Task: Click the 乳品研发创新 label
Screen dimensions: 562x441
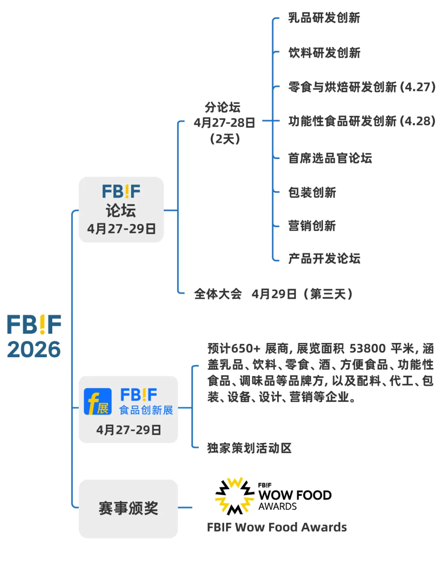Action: [324, 18]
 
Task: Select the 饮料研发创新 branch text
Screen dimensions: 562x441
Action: [324, 53]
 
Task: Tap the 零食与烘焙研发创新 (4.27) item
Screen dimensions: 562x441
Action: [362, 87]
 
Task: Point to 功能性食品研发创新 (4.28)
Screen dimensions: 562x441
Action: [362, 121]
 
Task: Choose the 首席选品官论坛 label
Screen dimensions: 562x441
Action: [330, 158]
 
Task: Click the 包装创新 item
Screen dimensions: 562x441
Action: [312, 193]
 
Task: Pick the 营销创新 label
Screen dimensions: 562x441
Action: [312, 226]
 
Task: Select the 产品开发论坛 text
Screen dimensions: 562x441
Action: [324, 258]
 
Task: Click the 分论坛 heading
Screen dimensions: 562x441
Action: [223, 107]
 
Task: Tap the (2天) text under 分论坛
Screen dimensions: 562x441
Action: [225, 139]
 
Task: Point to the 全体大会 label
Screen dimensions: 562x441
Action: [218, 294]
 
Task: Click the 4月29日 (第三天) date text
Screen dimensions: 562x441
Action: [302, 294]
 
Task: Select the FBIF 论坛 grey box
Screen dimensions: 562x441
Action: [121, 210]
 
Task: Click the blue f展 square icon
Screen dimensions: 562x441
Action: [98, 401]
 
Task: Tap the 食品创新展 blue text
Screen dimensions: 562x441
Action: [146, 410]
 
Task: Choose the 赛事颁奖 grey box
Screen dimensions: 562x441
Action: [128, 508]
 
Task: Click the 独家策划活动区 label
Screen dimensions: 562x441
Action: [249, 448]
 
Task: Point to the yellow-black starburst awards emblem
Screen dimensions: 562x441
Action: [234, 496]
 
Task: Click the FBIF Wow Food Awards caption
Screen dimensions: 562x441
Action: [277, 527]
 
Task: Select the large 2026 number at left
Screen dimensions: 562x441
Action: [34, 350]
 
